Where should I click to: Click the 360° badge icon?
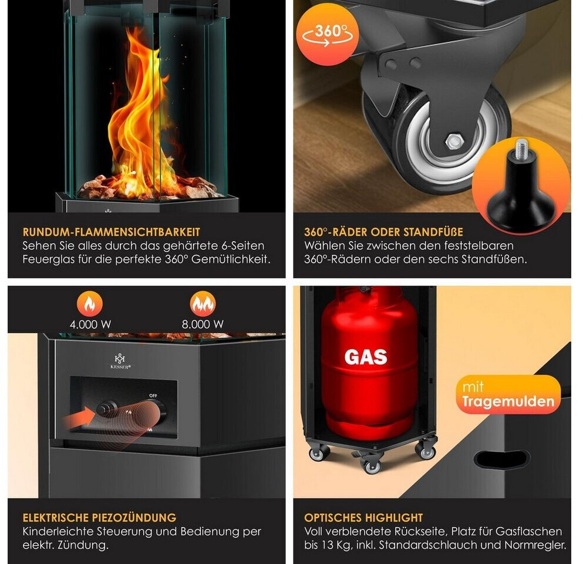(x=328, y=34)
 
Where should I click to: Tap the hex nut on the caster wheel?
(x=454, y=141)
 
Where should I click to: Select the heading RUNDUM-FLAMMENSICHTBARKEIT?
(x=111, y=232)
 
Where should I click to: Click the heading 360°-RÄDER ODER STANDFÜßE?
(x=383, y=232)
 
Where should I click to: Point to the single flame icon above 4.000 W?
(x=90, y=304)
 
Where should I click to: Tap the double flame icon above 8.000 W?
(x=203, y=304)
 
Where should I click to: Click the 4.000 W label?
(x=90, y=324)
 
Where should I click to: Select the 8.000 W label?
(x=203, y=324)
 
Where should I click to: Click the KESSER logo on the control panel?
(x=120, y=361)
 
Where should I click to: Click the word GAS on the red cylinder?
(x=366, y=357)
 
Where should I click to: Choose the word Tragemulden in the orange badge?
(x=508, y=401)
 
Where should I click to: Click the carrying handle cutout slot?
(x=502, y=459)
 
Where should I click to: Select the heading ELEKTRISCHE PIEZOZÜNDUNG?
(x=99, y=518)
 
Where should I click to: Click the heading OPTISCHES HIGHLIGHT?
(x=363, y=518)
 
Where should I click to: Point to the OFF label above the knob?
(x=153, y=395)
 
